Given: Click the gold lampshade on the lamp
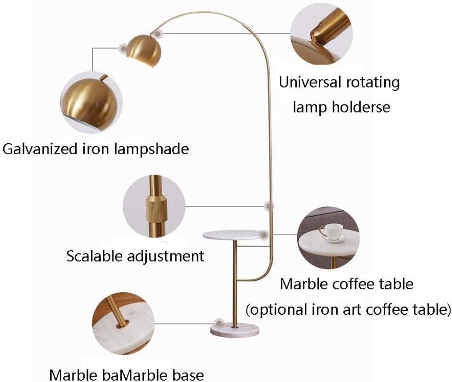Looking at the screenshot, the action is click(144, 51).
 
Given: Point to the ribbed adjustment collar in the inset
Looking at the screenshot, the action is click(157, 208).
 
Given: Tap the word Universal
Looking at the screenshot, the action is click(310, 82).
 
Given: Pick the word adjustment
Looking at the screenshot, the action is click(166, 256).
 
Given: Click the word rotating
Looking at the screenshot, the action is click(373, 83).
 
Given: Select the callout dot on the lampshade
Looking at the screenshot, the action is click(123, 48).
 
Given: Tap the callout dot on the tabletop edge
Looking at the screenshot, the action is click(264, 235).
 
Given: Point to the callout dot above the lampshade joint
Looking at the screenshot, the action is click(158, 34).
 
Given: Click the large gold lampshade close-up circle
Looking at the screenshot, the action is click(91, 103).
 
